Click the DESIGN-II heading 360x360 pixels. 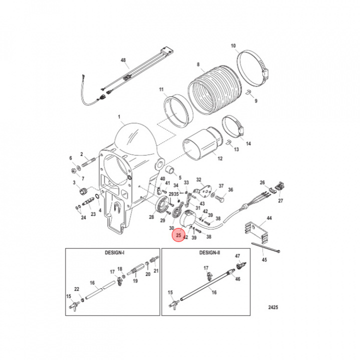(209, 253)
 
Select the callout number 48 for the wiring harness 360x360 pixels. (124, 60)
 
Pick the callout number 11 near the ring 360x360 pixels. (161, 89)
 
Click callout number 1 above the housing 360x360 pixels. (119, 117)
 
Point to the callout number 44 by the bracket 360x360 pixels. (269, 218)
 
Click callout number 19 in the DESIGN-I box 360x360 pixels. (135, 281)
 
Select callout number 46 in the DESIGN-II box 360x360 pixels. (237, 279)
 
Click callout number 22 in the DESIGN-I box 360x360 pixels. (76, 289)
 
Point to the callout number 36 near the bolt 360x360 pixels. (230, 190)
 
